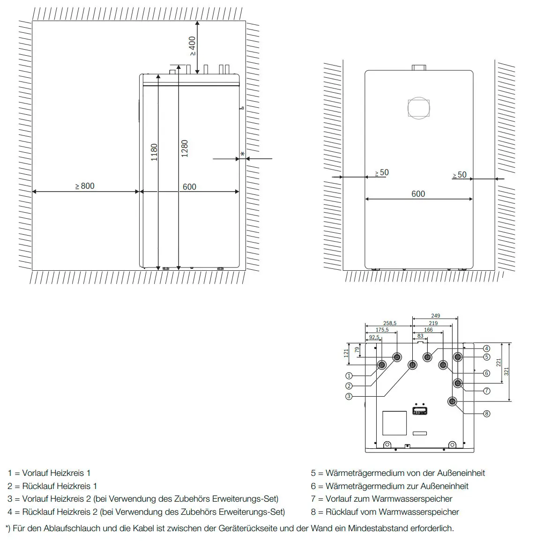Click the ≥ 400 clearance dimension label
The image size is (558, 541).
(x=192, y=46)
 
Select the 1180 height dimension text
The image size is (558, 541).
(x=154, y=152)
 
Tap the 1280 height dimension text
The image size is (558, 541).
(x=184, y=148)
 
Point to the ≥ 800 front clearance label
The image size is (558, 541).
(x=85, y=186)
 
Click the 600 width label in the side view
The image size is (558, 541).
(x=189, y=187)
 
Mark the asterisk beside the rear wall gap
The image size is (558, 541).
(x=242, y=155)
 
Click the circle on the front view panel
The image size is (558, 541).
(x=418, y=108)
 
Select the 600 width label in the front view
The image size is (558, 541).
(x=418, y=194)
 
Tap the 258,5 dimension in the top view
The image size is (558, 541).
(x=390, y=323)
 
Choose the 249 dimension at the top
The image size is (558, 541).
(x=436, y=316)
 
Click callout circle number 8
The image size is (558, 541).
(x=486, y=413)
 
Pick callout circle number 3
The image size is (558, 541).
(x=349, y=396)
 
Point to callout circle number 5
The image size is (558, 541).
(x=486, y=357)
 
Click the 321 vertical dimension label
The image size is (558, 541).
(x=506, y=371)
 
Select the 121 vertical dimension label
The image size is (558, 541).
(x=346, y=353)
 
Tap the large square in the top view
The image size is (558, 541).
(x=394, y=423)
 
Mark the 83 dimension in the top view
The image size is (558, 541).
(x=420, y=336)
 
